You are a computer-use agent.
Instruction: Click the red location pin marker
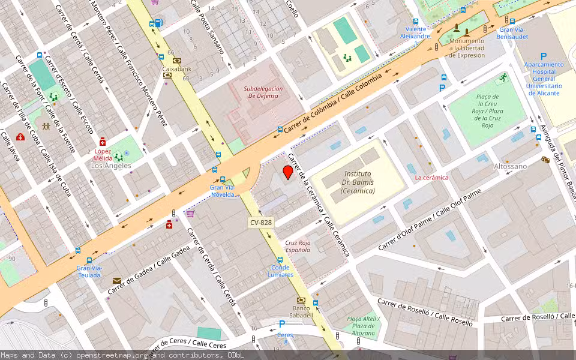288,173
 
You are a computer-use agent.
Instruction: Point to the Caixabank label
176,68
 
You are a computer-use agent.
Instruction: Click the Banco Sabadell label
301,311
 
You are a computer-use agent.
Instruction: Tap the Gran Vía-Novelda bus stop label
223,190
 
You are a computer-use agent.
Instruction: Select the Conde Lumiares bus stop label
281,271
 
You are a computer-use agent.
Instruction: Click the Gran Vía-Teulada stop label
89,271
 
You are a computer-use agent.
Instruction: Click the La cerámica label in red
431,178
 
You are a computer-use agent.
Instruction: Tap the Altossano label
510,166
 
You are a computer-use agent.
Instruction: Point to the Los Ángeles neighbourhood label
111,166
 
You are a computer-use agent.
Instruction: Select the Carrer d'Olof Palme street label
430,220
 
